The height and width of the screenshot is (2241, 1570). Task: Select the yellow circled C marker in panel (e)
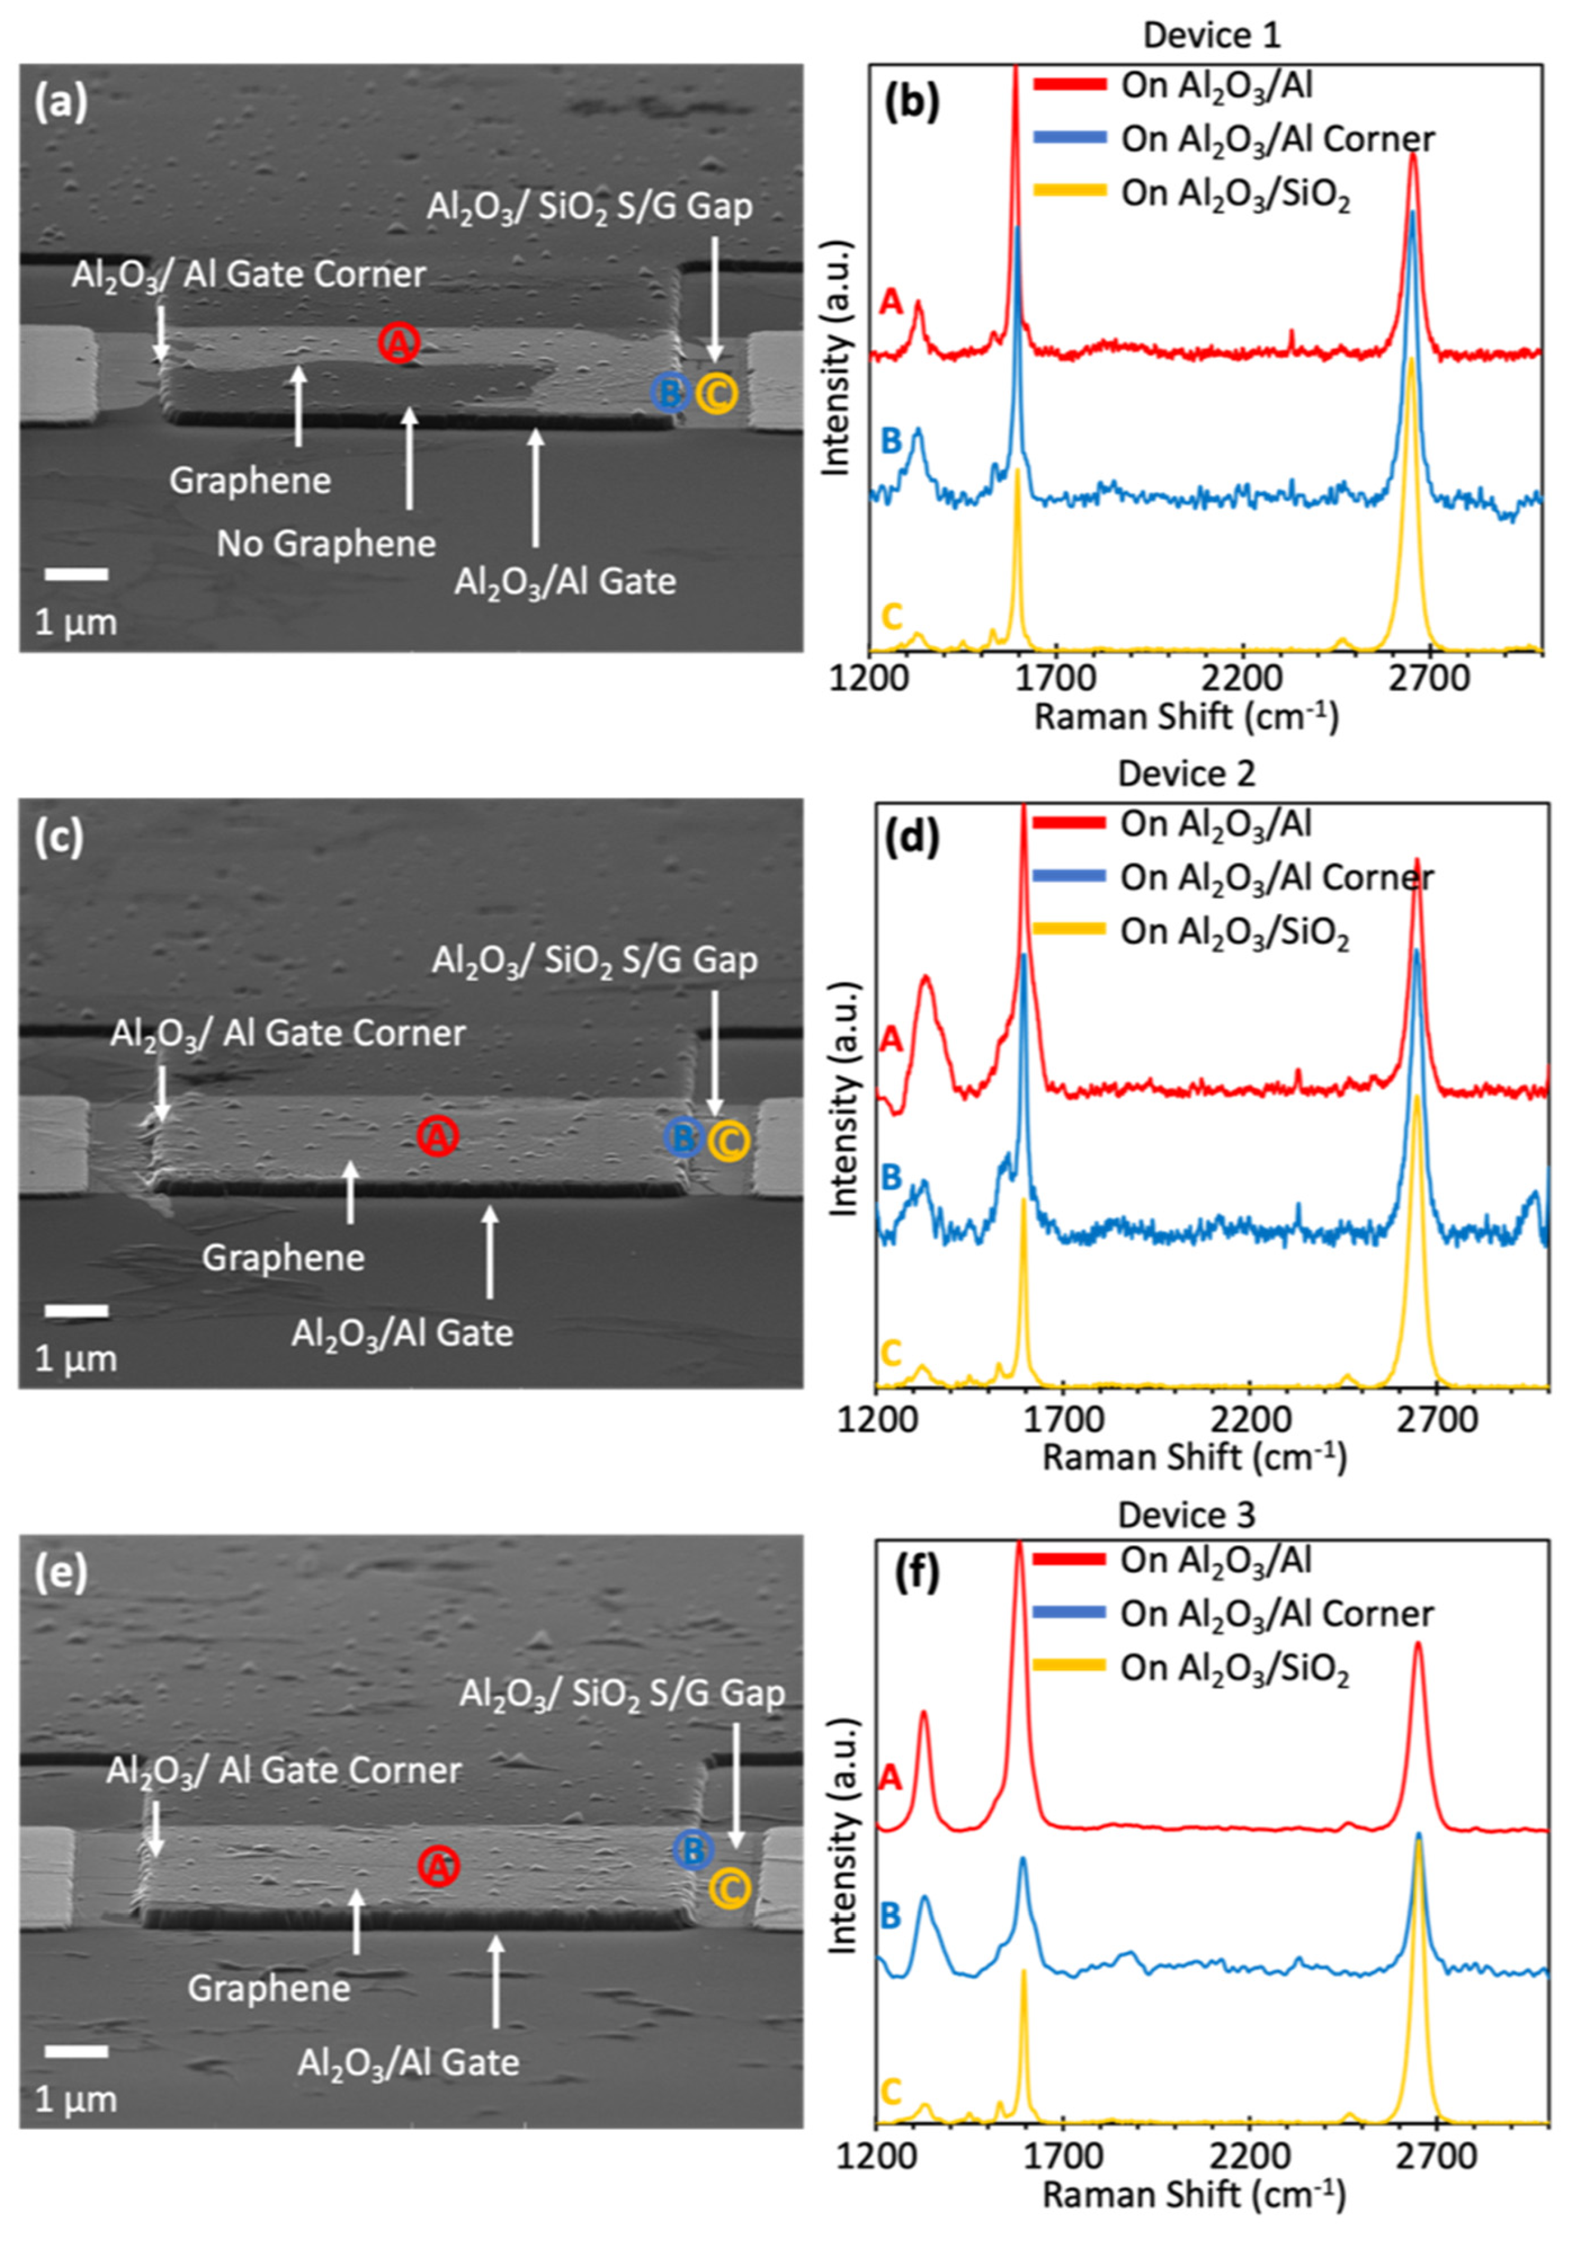[x=729, y=1889]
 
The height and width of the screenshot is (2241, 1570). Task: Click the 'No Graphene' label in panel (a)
[x=326, y=544]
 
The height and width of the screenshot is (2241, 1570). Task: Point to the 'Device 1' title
[x=1211, y=35]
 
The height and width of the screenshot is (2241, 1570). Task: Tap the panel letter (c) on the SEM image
[x=59, y=837]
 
